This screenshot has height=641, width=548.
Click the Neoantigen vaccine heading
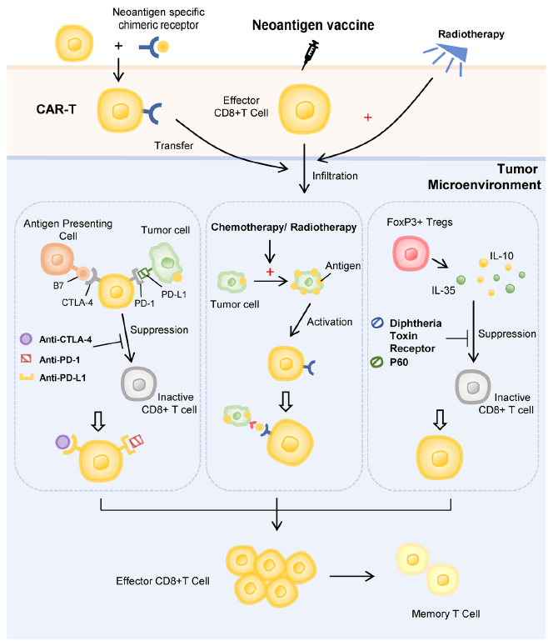point(313,26)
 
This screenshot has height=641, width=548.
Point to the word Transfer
point(174,145)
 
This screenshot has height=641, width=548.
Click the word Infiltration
point(336,176)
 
